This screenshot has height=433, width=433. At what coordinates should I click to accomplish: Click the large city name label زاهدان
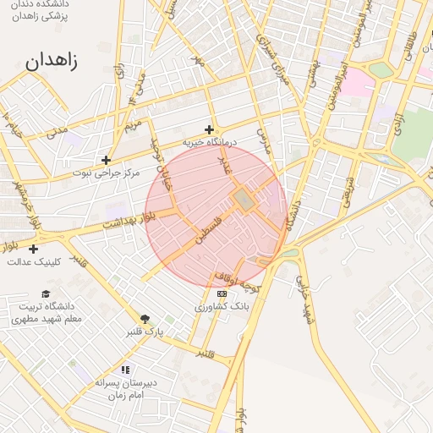click(x=52, y=62)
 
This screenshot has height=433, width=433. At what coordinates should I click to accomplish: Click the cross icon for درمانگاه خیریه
click(x=209, y=129)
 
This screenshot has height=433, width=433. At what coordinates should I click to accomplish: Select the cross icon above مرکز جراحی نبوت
click(x=106, y=159)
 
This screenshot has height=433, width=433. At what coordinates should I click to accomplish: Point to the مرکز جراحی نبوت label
click(x=105, y=173)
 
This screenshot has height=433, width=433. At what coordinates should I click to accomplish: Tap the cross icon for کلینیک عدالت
click(x=33, y=249)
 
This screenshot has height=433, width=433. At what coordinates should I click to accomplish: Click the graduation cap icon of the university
click(x=46, y=293)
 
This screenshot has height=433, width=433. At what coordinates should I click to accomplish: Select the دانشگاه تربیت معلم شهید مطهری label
click(x=47, y=312)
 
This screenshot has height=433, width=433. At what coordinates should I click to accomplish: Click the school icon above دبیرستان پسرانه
click(x=125, y=370)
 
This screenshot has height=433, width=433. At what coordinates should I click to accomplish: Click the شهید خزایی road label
click(x=303, y=293)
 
